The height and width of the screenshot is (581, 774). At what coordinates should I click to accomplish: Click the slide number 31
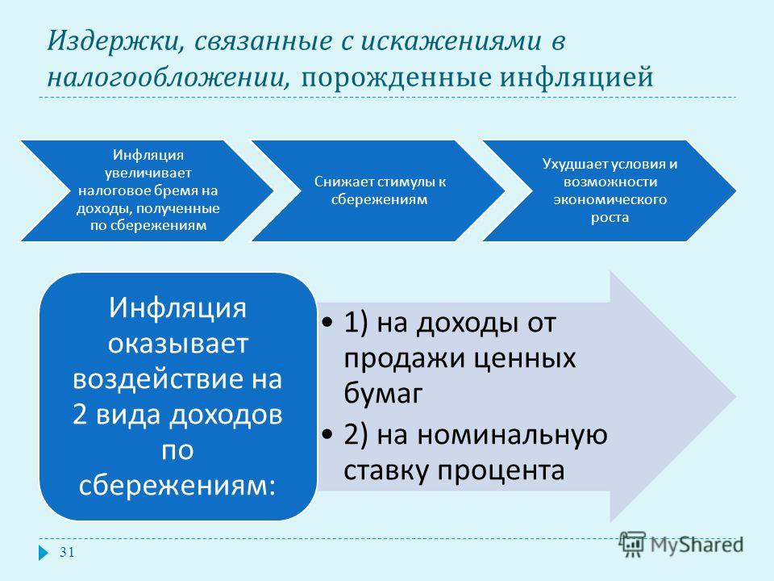[x=67, y=552]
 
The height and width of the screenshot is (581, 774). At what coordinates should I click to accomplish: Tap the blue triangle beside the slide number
[x=44, y=552]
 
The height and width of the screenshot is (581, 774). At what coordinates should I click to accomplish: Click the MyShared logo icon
[x=633, y=544]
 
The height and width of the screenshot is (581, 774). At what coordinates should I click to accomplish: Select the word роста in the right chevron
[x=610, y=218]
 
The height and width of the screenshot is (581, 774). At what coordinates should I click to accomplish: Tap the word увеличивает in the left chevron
[x=148, y=173]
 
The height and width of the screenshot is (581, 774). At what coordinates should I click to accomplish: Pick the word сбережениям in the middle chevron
[x=379, y=199]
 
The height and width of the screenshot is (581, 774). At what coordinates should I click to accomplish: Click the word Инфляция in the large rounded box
[x=177, y=307]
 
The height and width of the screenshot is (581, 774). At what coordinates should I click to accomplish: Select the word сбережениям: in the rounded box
[x=177, y=486]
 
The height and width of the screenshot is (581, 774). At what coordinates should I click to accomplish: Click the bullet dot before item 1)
[x=327, y=323]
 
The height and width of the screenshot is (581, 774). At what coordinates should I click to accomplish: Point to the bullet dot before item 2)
[x=327, y=435]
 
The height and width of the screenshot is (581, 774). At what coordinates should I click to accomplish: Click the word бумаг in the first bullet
[x=384, y=394]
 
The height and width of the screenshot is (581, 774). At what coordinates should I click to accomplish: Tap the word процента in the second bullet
[x=501, y=470]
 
